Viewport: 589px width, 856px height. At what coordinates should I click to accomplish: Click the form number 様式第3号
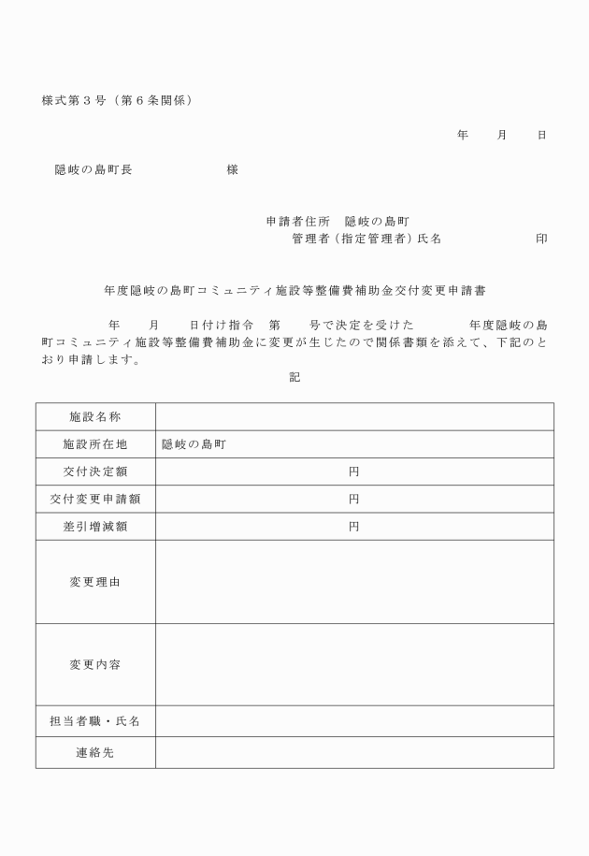pyautogui.click(x=74, y=100)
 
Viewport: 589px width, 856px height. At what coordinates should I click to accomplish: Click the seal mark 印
pyautogui.click(x=541, y=239)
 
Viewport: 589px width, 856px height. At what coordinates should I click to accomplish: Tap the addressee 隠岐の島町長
pyautogui.click(x=93, y=169)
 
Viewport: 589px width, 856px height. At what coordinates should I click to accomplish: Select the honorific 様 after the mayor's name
pyautogui.click(x=232, y=169)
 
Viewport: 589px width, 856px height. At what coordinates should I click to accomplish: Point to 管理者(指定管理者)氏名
pyautogui.click(x=366, y=239)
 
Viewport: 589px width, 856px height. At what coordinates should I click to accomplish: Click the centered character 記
pyautogui.click(x=294, y=378)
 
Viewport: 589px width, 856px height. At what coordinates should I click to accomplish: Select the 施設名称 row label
pyautogui.click(x=95, y=416)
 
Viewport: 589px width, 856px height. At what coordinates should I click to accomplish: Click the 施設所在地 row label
pyautogui.click(x=95, y=444)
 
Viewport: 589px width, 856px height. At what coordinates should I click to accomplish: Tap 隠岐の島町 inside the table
pyautogui.click(x=194, y=444)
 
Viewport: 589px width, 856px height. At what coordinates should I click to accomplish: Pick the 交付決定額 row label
pyautogui.click(x=95, y=472)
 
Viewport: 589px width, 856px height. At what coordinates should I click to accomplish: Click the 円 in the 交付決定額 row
pyautogui.click(x=353, y=472)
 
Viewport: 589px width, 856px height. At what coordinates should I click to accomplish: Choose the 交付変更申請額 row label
pyautogui.click(x=95, y=500)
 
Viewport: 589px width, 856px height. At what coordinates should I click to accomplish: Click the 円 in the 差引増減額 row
pyautogui.click(x=353, y=527)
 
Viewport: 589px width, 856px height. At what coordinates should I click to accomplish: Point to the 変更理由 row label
pyautogui.click(x=95, y=582)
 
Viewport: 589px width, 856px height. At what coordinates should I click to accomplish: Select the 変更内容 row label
pyautogui.click(x=95, y=664)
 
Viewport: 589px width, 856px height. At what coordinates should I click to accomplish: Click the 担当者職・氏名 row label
pyautogui.click(x=95, y=720)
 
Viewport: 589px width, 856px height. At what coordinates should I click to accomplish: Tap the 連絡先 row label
pyautogui.click(x=95, y=752)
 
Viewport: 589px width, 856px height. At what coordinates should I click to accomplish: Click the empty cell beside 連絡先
pyautogui.click(x=353, y=752)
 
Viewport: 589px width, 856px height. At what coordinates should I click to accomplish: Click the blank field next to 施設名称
pyautogui.click(x=353, y=416)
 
